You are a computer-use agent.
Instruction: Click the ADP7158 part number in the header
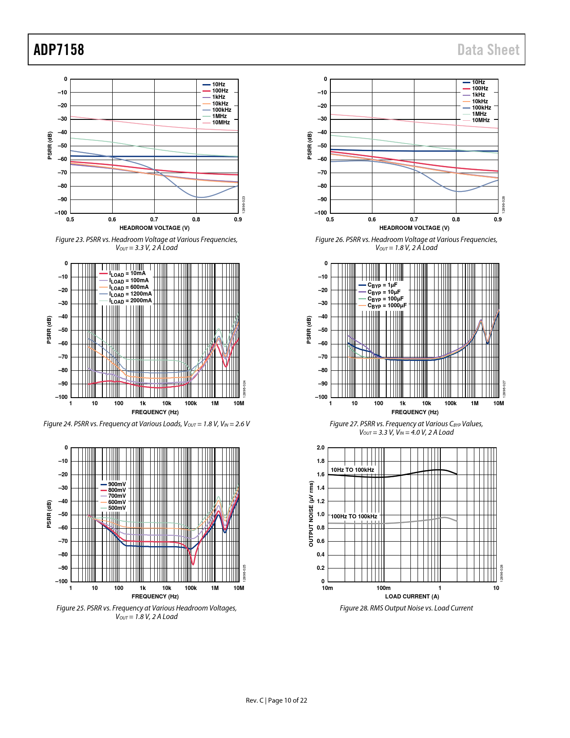[59, 50]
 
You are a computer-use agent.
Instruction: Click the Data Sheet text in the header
[488, 50]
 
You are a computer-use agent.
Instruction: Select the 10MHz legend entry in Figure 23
[220, 123]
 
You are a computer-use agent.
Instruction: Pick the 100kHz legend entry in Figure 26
[481, 108]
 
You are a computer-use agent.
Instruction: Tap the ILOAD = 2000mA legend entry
[130, 301]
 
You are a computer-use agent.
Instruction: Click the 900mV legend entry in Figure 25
[117, 484]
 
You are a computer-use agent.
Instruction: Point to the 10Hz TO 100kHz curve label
[352, 470]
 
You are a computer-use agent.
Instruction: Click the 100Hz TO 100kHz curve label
[354, 517]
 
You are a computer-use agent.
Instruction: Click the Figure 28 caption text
[406, 608]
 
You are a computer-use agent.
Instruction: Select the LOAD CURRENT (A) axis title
[412, 597]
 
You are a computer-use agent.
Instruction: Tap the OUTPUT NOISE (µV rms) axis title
[311, 514]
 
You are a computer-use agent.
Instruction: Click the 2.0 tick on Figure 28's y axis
[321, 448]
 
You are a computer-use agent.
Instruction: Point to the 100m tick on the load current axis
[384, 588]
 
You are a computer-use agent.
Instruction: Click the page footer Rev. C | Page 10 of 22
[276, 700]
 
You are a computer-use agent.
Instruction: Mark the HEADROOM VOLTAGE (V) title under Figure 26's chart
[414, 228]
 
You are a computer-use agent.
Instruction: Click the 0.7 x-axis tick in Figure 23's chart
[154, 220]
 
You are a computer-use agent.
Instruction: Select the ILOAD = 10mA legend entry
[127, 274]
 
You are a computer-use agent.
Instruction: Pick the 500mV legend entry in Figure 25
[117, 508]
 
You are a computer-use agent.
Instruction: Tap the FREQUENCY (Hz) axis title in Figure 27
[414, 412]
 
